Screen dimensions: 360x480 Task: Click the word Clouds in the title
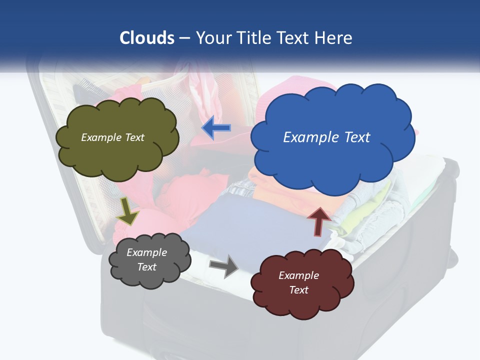[147, 38]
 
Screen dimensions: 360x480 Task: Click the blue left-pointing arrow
[216, 128]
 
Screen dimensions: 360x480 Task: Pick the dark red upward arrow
[318, 221]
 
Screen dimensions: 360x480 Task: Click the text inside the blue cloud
[326, 137]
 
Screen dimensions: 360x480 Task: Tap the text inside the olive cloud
[112, 137]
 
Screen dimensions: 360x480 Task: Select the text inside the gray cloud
[146, 259]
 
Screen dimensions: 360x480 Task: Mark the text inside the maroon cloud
[298, 282]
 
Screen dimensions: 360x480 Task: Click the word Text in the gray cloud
[147, 267]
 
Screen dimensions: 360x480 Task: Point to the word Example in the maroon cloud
[298, 275]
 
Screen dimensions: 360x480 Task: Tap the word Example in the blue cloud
[308, 137]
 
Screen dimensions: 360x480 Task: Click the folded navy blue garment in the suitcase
[235, 220]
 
